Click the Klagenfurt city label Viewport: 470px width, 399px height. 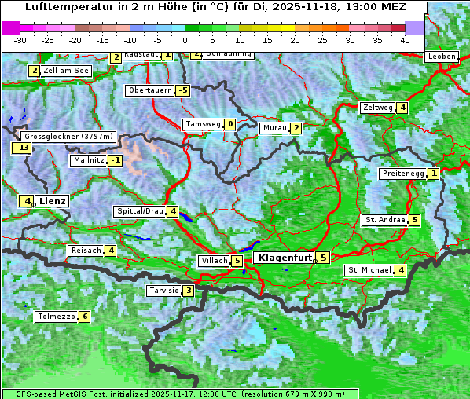click(x=284, y=257)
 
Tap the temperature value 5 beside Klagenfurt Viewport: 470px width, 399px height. click(x=323, y=257)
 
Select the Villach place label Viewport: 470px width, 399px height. click(x=214, y=261)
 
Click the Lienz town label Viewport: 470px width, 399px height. click(x=53, y=201)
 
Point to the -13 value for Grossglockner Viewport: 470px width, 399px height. click(x=21, y=148)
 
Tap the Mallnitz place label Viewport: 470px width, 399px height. click(x=87, y=160)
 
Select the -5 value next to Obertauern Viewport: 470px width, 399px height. click(x=182, y=90)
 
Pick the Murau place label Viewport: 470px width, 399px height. click(x=274, y=128)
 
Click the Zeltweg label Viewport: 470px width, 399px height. click(x=378, y=108)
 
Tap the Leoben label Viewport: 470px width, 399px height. click(x=441, y=57)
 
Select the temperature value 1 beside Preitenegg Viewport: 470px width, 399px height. click(x=434, y=174)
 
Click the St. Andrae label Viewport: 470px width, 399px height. click(x=384, y=220)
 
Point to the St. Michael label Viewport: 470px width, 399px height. click(x=369, y=270)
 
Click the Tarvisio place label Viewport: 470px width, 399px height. click(x=163, y=291)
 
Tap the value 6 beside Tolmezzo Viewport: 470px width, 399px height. click(x=84, y=317)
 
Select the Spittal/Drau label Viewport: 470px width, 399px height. click(x=140, y=211)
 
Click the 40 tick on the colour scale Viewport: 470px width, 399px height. click(x=405, y=40)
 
